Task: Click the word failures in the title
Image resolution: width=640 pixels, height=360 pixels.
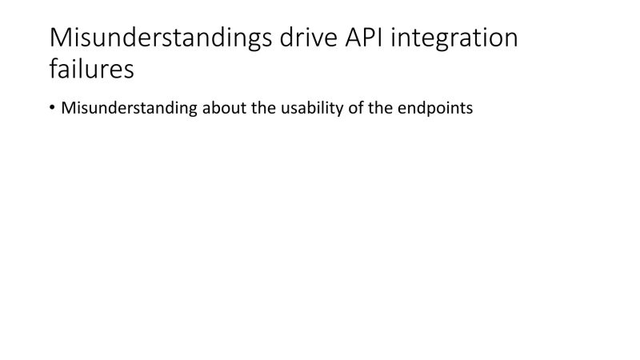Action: tap(91, 70)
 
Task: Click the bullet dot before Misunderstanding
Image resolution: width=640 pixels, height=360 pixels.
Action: tap(53, 108)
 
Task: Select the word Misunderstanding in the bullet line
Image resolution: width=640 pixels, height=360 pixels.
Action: tap(129, 107)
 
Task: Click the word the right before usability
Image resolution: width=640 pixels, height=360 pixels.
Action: tap(259, 107)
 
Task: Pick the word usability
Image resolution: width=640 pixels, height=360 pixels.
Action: tap(310, 107)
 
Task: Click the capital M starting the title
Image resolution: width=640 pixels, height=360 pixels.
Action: tap(61, 39)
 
